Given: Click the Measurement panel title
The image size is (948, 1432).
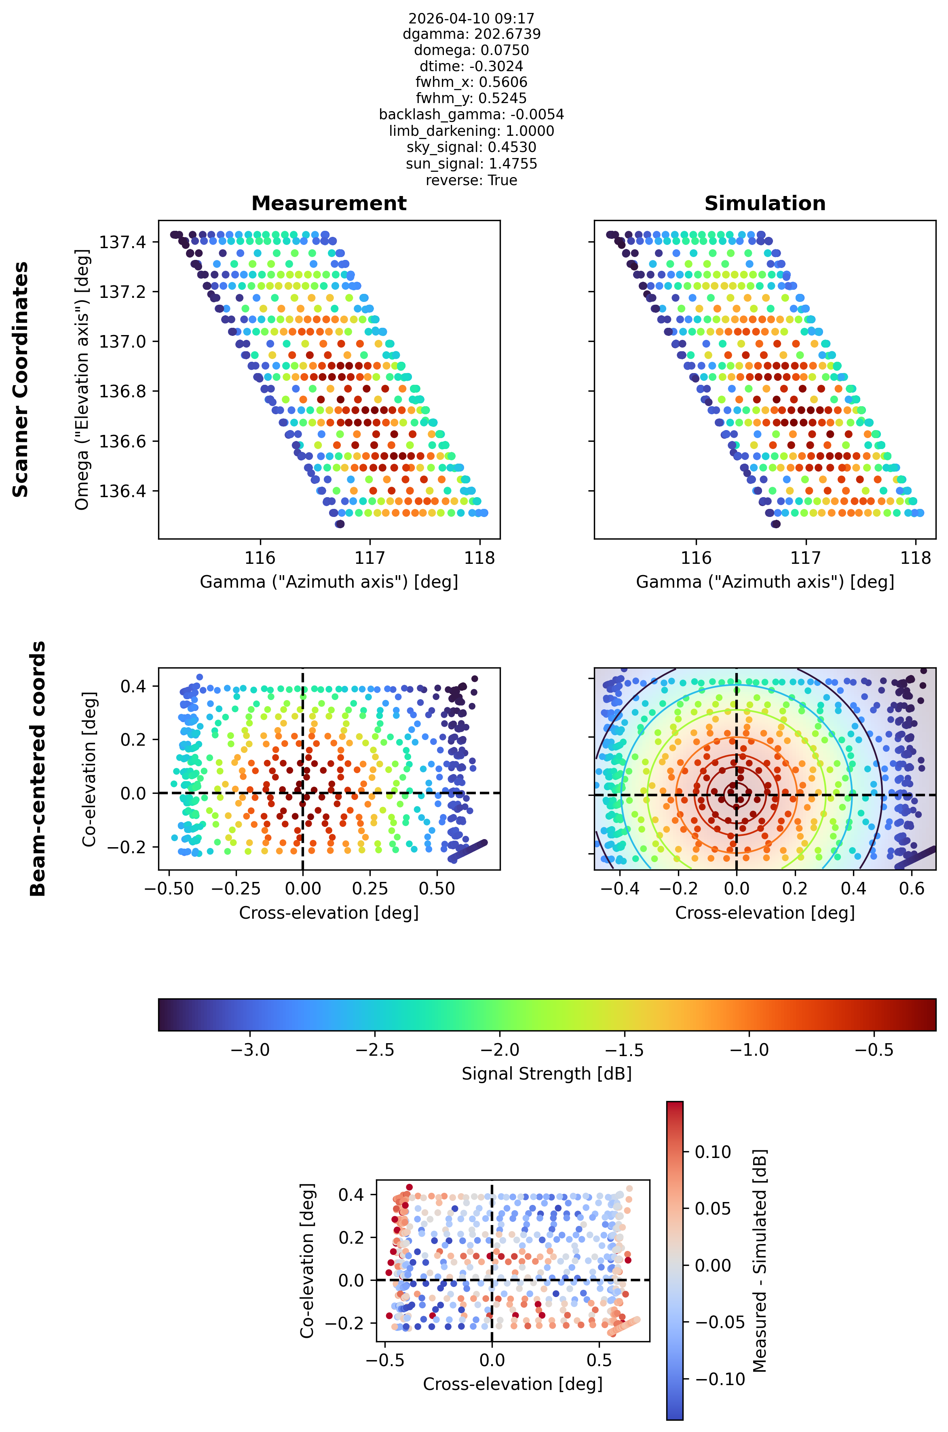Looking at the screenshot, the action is pyautogui.click(x=329, y=203).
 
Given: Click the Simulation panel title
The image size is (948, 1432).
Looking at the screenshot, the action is pyautogui.click(x=765, y=203).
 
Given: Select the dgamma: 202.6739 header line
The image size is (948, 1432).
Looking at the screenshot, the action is pyautogui.click(x=472, y=34).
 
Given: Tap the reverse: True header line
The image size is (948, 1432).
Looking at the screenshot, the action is pyautogui.click(x=472, y=180).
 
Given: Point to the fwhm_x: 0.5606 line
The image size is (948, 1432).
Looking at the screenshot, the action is pyautogui.click(x=472, y=82).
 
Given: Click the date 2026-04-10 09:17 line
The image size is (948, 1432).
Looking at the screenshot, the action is pyautogui.click(x=472, y=18).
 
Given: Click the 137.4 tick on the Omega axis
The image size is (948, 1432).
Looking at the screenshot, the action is pyautogui.click(x=122, y=243).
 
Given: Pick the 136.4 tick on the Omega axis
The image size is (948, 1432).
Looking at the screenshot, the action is pyautogui.click(x=122, y=491).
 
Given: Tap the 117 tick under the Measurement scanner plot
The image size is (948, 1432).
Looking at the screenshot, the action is pyautogui.click(x=370, y=557).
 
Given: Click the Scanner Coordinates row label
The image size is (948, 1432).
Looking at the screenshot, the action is pyautogui.click(x=21, y=380).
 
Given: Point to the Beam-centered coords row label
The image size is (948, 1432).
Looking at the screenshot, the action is pyautogui.click(x=38, y=768).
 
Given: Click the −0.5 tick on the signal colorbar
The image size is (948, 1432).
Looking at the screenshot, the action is pyautogui.click(x=874, y=1049).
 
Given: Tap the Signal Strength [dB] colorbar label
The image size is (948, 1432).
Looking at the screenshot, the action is pyautogui.click(x=547, y=1073).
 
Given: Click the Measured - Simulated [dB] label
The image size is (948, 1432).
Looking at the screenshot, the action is pyautogui.click(x=760, y=1261).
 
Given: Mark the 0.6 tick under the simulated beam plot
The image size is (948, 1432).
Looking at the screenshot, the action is pyautogui.click(x=912, y=888).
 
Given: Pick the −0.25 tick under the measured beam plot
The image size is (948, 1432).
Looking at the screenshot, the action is pyautogui.click(x=236, y=888).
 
